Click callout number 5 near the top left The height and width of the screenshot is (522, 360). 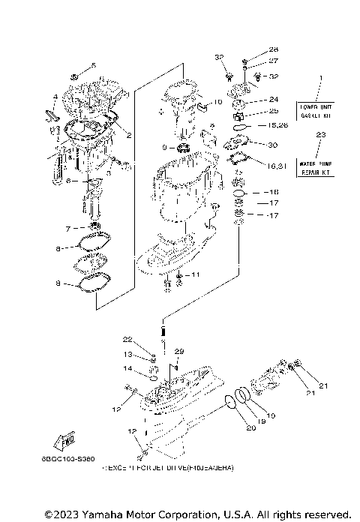(x=94, y=65)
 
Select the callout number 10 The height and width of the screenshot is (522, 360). (x=217, y=101)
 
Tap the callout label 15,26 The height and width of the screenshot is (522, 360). (x=278, y=124)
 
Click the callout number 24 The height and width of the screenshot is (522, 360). (x=273, y=99)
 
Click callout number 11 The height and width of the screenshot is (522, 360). (x=195, y=275)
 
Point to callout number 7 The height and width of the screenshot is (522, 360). (x=67, y=227)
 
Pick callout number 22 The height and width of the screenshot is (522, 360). (x=127, y=340)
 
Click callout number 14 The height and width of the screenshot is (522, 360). (x=128, y=368)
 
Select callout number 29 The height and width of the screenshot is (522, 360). (x=178, y=351)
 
